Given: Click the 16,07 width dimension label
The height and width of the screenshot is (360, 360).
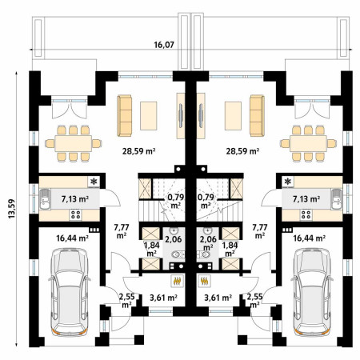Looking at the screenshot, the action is click(x=164, y=45).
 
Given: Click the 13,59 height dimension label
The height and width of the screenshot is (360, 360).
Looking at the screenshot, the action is click(x=12, y=209).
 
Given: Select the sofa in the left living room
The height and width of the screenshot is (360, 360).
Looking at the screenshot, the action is click(x=125, y=116).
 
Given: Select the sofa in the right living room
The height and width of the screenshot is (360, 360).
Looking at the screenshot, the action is click(x=257, y=116).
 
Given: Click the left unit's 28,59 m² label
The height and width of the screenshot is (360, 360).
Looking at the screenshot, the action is click(x=139, y=151).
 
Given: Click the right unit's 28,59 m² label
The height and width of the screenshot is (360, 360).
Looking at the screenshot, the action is click(x=242, y=151).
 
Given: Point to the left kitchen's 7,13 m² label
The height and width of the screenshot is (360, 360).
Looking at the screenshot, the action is click(x=75, y=199).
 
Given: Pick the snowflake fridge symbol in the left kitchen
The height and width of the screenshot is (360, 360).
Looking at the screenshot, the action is click(x=94, y=182).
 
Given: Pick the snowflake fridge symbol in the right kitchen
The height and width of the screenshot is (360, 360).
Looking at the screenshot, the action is click(x=288, y=182).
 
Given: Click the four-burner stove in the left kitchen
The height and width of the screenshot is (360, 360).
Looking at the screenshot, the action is click(x=76, y=215).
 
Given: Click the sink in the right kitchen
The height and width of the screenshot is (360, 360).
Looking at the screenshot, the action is click(x=336, y=199).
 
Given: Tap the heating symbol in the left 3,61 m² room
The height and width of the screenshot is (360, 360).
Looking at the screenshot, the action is click(x=177, y=281).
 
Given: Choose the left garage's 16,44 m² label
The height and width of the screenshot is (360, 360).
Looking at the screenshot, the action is click(x=73, y=238).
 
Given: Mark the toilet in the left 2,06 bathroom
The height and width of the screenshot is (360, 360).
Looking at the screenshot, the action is click(x=178, y=254).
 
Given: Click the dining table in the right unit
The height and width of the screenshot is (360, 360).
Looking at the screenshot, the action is click(x=308, y=143).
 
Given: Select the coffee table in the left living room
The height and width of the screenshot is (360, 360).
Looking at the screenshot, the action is click(x=149, y=116).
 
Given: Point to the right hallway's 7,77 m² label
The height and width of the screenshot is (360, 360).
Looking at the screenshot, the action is click(x=260, y=231).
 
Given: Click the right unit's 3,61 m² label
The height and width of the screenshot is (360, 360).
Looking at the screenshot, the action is click(x=218, y=298).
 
